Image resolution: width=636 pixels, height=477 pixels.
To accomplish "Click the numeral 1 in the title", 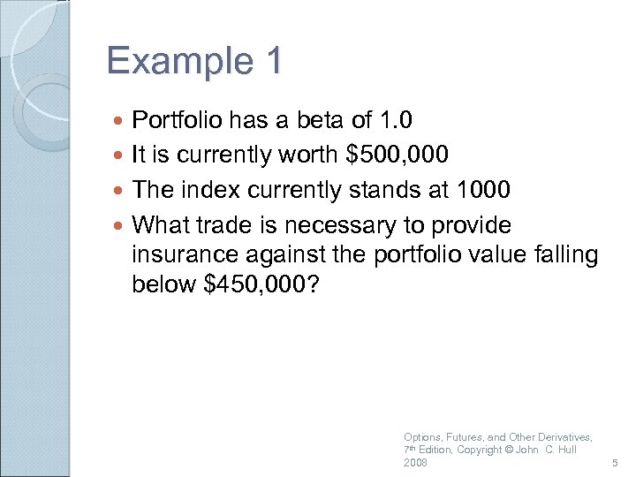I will pyautogui.click(x=273, y=62).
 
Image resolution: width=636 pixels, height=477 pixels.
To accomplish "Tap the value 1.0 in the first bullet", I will pyautogui.click(x=394, y=119).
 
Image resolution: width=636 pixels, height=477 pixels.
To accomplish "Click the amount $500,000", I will pyautogui.click(x=397, y=155).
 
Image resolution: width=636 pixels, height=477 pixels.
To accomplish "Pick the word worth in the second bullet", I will pyautogui.click(x=309, y=155).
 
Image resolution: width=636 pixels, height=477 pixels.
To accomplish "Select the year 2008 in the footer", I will pyautogui.click(x=415, y=463).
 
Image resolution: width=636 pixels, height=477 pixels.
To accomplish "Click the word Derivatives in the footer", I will pyautogui.click(x=566, y=437).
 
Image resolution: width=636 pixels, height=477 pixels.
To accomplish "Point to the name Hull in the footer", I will pyautogui.click(x=565, y=450).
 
